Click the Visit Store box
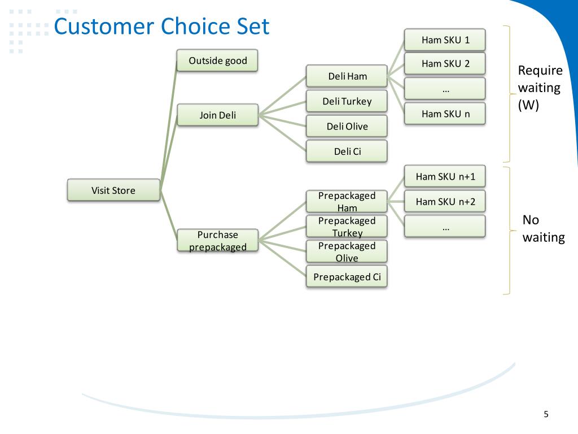[x=113, y=190]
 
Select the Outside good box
[x=217, y=60]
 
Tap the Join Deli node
[x=217, y=115]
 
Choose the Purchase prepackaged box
[x=217, y=241]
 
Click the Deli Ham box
[x=347, y=76]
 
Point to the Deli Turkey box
[x=347, y=101]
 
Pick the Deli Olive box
[x=347, y=126]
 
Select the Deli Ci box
[x=347, y=151]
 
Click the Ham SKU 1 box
[x=445, y=40]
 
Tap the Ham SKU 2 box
[x=445, y=63]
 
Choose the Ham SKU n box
[x=445, y=114]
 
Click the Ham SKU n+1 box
[x=445, y=176]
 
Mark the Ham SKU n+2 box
[x=445, y=202]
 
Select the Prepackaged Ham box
[x=347, y=202]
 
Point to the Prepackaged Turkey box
[x=347, y=227]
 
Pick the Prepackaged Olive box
[x=347, y=251]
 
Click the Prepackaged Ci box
[x=347, y=277]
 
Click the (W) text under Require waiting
[x=528, y=106]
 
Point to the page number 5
[x=546, y=414]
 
